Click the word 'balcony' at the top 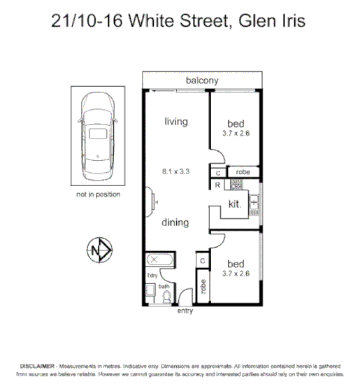(x=201, y=80)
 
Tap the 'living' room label (x=176, y=122)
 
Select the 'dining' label (x=175, y=223)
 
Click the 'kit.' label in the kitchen (x=235, y=204)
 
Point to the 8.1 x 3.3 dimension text (x=175, y=170)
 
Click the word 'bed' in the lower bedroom (x=236, y=264)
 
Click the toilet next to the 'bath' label (x=166, y=295)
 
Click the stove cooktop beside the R (x=236, y=185)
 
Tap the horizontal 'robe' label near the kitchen (x=243, y=172)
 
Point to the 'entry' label (x=186, y=310)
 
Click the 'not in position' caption (x=98, y=194)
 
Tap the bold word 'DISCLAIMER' (x=38, y=367)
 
